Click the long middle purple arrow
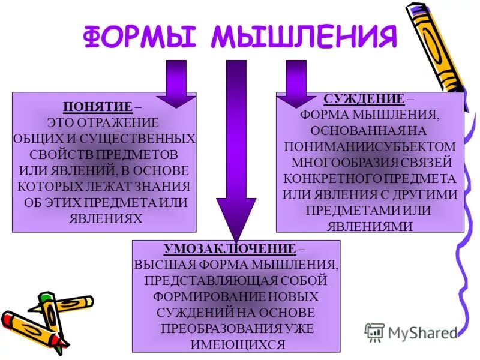236,150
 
